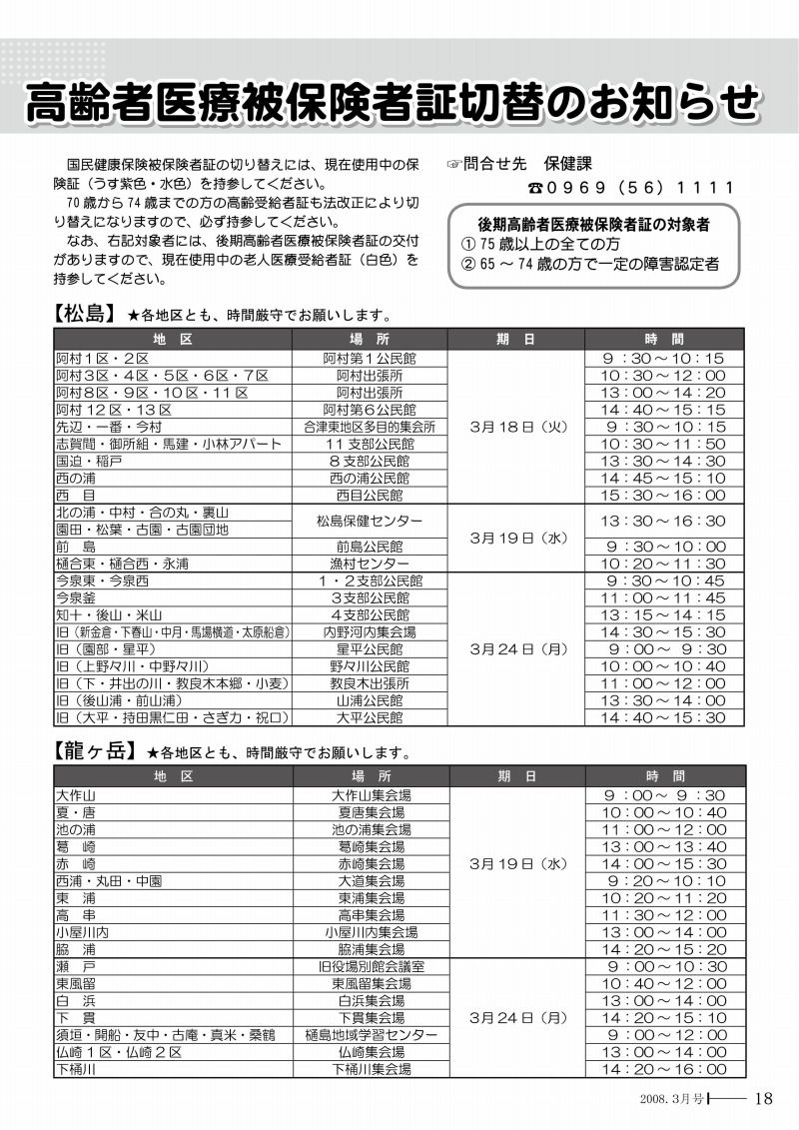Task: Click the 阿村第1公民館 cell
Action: (x=370, y=358)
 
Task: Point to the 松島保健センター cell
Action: (x=370, y=521)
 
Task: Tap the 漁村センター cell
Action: (x=370, y=564)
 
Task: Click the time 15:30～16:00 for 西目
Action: (x=663, y=495)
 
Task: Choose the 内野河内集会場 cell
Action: (x=370, y=632)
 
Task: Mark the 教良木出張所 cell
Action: (x=370, y=683)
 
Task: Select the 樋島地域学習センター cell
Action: (x=370, y=1035)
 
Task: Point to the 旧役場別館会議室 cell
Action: (x=370, y=966)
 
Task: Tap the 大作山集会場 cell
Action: (x=370, y=795)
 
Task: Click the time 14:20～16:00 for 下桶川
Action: (x=663, y=1069)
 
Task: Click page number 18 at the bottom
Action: (x=764, y=1099)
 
